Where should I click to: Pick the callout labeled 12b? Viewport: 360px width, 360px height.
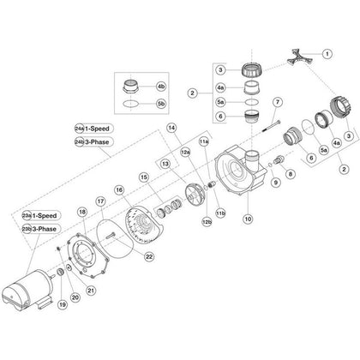[x=206, y=221]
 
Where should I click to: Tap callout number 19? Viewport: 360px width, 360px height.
[x=61, y=303]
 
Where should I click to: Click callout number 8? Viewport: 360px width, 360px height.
[x=288, y=174]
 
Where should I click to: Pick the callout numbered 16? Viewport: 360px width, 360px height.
[x=119, y=189]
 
